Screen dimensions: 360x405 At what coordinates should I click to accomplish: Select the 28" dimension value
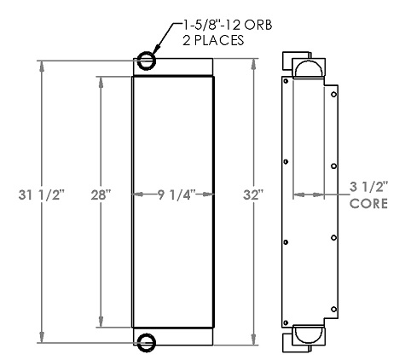point(101,195)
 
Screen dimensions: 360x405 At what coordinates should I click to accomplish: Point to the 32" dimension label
point(253,195)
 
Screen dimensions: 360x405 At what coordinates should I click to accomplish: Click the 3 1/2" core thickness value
point(368,185)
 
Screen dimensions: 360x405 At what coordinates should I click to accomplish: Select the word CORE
point(368,204)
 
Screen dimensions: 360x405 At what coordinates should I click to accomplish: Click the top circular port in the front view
point(145,61)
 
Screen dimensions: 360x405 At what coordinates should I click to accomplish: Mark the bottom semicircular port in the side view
point(308,335)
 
